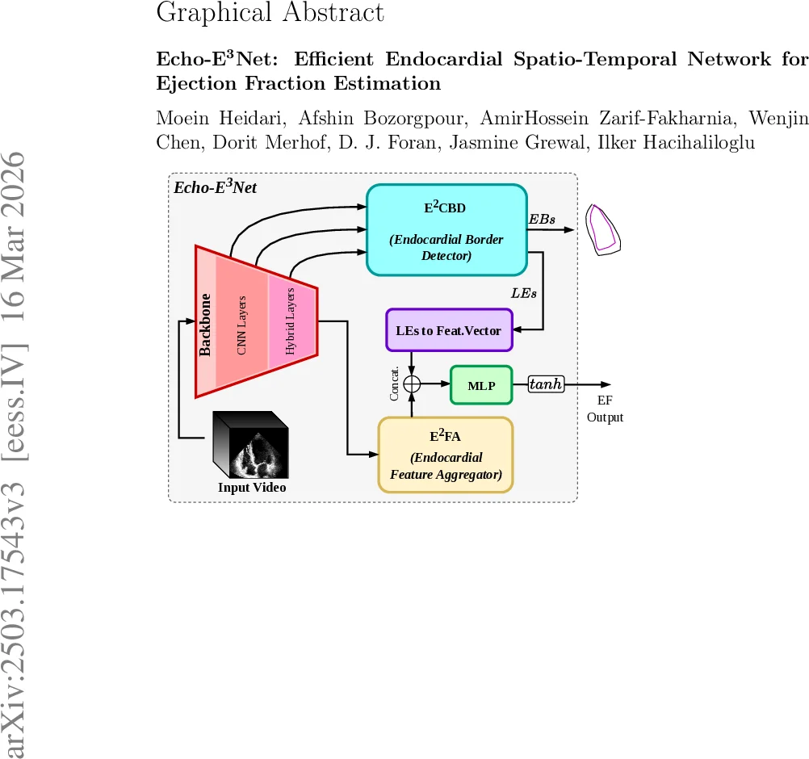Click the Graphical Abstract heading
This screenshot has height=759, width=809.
pyautogui.click(x=270, y=13)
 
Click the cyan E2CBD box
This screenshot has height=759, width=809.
pyautogui.click(x=446, y=230)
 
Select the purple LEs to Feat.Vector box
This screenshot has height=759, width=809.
pyautogui.click(x=448, y=330)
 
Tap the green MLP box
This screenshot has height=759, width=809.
pyautogui.click(x=481, y=385)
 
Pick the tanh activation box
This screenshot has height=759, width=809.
pyautogui.click(x=546, y=385)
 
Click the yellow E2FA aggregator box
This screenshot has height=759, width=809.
pyautogui.click(x=446, y=455)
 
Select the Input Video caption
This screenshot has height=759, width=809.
pyautogui.click(x=252, y=488)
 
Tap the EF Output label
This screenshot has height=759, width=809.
pyautogui.click(x=605, y=409)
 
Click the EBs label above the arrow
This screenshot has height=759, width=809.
pyautogui.click(x=542, y=220)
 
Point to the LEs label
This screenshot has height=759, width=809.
pyautogui.click(x=524, y=292)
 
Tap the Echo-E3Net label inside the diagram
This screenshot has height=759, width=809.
pyautogui.click(x=215, y=187)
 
